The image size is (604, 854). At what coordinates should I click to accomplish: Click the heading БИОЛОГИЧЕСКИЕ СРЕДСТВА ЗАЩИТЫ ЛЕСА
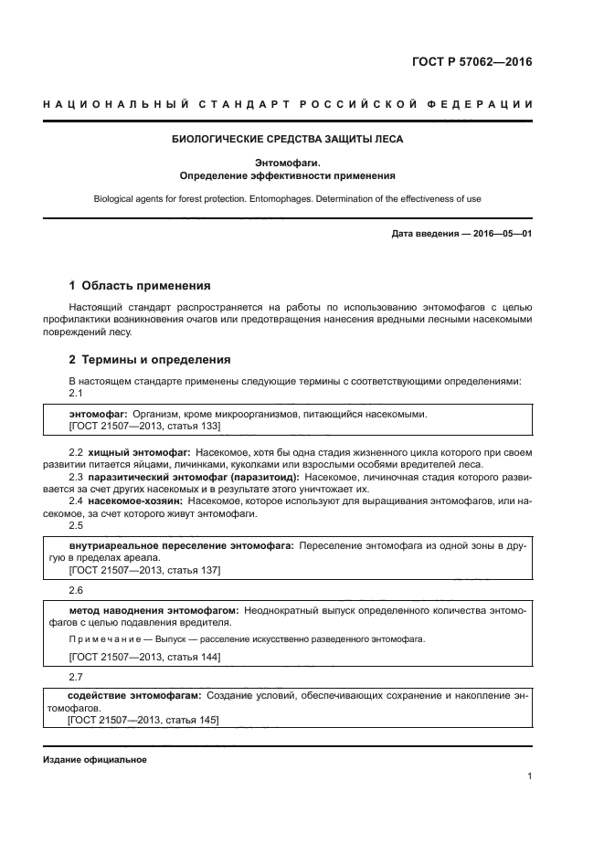pos(287,140)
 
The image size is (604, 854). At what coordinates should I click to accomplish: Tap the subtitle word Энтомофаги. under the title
pos(287,162)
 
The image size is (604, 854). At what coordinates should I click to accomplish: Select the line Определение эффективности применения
pos(287,174)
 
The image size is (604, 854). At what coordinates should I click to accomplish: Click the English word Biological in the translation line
pos(116,198)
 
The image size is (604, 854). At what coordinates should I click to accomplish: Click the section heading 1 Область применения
pos(140,286)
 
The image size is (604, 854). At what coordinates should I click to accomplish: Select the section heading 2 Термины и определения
pos(150,359)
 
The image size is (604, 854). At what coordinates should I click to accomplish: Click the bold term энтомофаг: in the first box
pos(99,414)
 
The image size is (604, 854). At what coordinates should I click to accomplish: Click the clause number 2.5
pos(77,525)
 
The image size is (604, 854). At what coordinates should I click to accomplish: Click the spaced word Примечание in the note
pos(101,639)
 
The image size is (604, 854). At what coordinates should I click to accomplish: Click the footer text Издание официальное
pos(94,760)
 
